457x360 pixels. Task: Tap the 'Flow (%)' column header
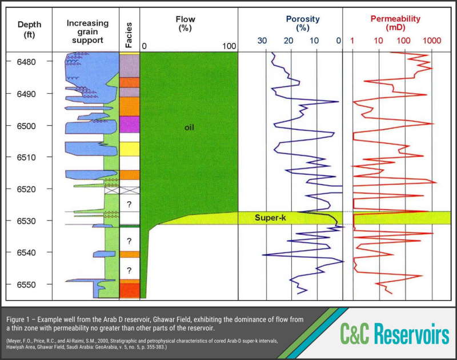(x=185, y=23)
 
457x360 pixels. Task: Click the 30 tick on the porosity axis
(x=262, y=41)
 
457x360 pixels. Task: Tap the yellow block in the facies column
(x=129, y=149)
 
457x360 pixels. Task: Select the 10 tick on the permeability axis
(x=378, y=41)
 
